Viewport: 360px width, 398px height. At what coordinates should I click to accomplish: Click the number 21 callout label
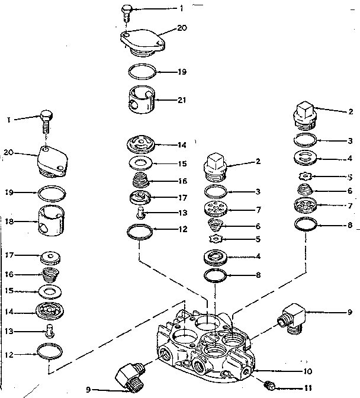tap(181, 99)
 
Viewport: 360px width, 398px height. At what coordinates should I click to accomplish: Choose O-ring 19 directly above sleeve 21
tap(143, 72)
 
